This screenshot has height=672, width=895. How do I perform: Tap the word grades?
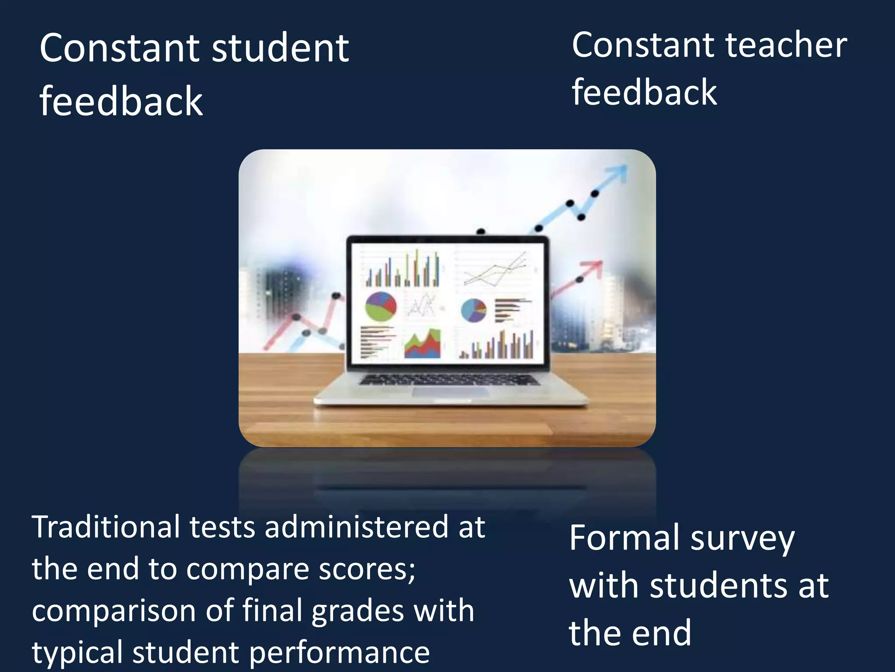[358, 611]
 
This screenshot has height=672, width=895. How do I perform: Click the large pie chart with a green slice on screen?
[381, 306]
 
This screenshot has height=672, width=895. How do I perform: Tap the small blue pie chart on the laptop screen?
[473, 310]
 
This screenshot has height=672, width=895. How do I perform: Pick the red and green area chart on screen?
[423, 344]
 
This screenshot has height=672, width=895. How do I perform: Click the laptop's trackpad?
[450, 392]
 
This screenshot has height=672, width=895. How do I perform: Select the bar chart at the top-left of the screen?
[402, 269]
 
